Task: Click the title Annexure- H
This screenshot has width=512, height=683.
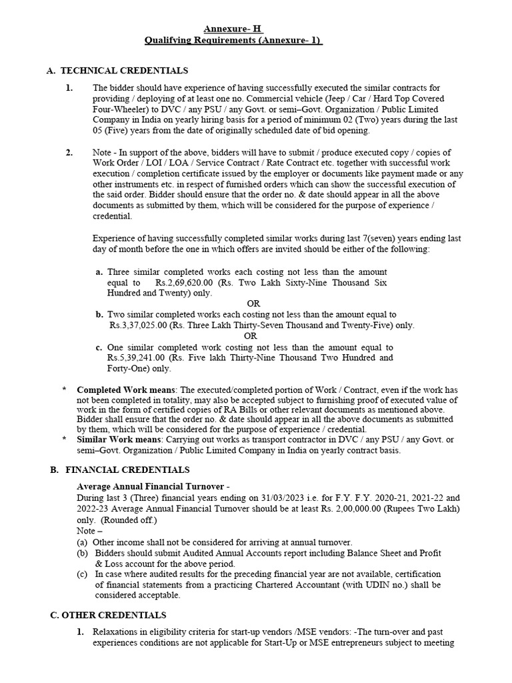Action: coord(233,29)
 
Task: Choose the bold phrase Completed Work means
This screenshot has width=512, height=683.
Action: coord(126,390)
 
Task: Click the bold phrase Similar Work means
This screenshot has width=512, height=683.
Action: coord(118,439)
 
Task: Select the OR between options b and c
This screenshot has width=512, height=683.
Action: coord(250,336)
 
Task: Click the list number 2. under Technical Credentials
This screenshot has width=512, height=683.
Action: coord(69,153)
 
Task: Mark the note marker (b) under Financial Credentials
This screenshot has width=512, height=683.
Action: coord(82,554)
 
